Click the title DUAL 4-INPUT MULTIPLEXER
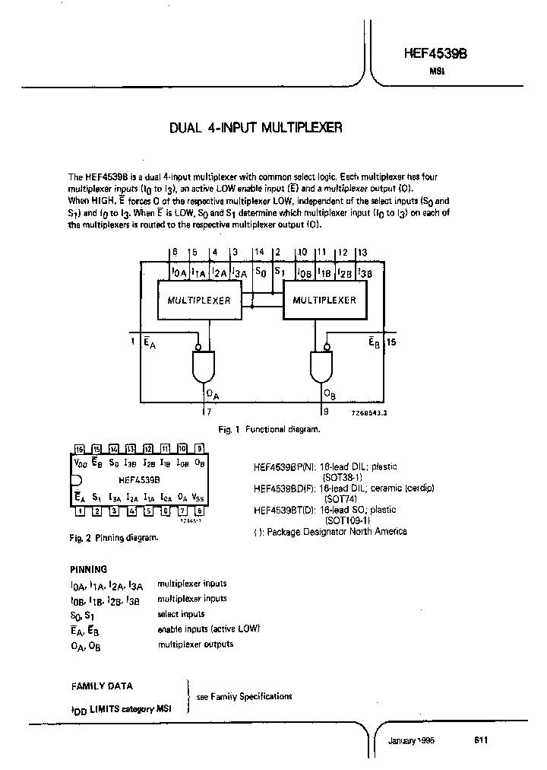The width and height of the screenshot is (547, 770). point(256,129)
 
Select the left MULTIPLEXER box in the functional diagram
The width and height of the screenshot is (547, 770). point(198,300)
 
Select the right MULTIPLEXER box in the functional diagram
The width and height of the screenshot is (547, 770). point(324,300)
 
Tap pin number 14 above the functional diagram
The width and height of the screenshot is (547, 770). point(259,251)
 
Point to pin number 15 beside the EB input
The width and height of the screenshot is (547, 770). point(392,342)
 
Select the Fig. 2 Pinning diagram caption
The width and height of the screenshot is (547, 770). point(113,538)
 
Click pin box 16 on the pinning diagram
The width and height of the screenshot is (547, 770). point(78,449)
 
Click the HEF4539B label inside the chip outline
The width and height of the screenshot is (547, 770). point(139,480)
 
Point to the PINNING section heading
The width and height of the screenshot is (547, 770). point(89,568)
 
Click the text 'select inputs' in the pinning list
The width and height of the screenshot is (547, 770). point(181,614)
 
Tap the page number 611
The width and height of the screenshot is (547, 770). point(480,740)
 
